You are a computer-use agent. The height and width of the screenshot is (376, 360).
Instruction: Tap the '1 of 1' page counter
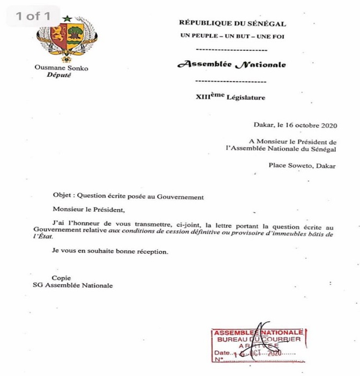pyautogui.click(x=33, y=16)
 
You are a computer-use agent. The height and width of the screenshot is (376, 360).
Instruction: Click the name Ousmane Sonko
pyautogui.click(x=61, y=68)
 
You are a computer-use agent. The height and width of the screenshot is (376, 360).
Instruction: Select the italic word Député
pyautogui.click(x=59, y=76)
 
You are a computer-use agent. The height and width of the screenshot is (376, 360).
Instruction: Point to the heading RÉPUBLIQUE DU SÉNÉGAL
pyautogui.click(x=232, y=23)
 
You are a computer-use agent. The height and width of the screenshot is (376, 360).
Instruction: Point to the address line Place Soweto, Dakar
pyautogui.click(x=302, y=165)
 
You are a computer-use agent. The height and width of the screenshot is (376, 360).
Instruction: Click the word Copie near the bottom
pyautogui.click(x=61, y=277)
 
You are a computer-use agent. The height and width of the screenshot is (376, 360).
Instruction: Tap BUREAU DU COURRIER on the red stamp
pyautogui.click(x=259, y=340)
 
